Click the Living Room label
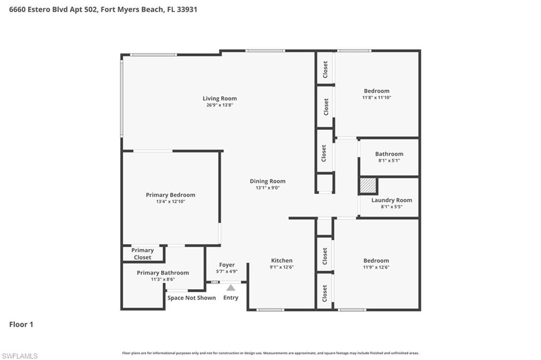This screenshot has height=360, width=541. pos(220,98)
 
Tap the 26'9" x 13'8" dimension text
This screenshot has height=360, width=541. pos(220,105)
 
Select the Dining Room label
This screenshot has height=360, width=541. pos(267,181)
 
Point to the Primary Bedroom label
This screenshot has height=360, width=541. pos(171,195)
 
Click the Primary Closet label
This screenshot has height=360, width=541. pos(143,254)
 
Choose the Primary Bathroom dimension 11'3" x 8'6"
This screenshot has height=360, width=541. pos(163,280)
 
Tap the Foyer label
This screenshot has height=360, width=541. pos(227,265)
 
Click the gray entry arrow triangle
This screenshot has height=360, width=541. pos(231,288)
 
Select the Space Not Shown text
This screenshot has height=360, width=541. pos(192,298)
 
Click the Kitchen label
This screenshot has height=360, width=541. pos(282,260)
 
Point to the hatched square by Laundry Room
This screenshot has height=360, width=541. pos(368,186)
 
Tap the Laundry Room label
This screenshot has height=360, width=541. pos(391,200)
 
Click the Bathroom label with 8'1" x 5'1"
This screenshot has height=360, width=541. pos(389,154)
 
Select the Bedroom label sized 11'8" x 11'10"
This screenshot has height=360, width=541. pos(377,91)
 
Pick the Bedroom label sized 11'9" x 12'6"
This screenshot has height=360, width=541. pos(376,260)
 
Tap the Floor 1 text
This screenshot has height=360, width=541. pos(21,325)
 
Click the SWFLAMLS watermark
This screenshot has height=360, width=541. pos(20,356)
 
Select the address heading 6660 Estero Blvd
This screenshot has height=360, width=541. pos(103,10)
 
